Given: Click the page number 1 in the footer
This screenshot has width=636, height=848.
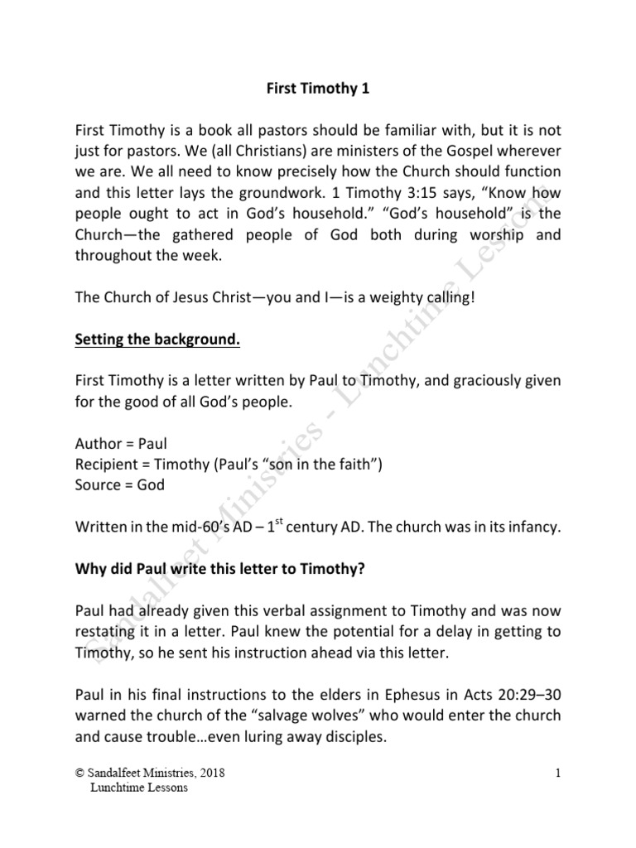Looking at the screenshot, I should click(x=560, y=773).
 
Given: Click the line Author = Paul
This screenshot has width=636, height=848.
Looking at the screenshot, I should click(x=121, y=444).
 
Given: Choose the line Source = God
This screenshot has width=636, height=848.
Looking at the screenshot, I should click(x=119, y=485).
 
